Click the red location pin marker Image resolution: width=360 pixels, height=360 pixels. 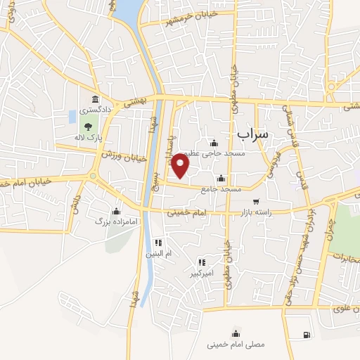coord(181,164)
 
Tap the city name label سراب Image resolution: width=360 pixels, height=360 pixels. coord(253,132)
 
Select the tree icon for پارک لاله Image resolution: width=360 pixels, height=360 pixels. coord(88,127)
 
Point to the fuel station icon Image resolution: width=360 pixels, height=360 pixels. coord(306,335)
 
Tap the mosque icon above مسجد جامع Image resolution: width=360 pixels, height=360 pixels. coord(221,178)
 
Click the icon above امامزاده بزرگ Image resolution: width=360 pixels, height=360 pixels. coord(115,210)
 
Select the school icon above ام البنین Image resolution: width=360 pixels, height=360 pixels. coord(157,243)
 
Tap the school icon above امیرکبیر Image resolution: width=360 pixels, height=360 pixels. coord(202,261)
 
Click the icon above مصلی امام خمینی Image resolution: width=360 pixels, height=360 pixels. coord(235,333)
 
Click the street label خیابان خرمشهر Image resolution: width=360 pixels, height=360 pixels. coord(168,20)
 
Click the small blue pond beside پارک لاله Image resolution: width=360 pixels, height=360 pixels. coord(72,117)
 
